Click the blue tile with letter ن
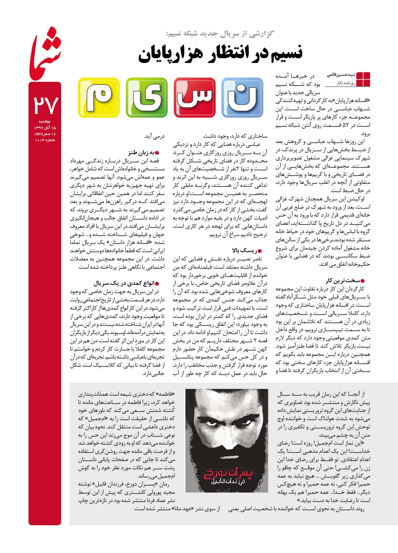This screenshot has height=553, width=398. pos(242,98)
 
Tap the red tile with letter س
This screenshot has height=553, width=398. pos(194,98)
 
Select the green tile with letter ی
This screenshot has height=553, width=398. pos(146,98)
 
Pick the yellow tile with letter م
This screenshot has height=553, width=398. pos(98,98)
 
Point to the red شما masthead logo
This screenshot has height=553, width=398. pos(45,53)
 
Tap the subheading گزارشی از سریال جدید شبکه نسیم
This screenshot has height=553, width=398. pos(220,34)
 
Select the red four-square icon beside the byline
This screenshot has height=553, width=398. pos(363,79)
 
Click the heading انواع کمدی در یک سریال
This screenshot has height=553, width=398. pos(126,283)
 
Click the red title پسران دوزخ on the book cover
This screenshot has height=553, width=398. pos(227,473)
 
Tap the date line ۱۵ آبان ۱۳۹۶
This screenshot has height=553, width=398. pos(45,128)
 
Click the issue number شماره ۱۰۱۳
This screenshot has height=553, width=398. pos(45,140)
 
